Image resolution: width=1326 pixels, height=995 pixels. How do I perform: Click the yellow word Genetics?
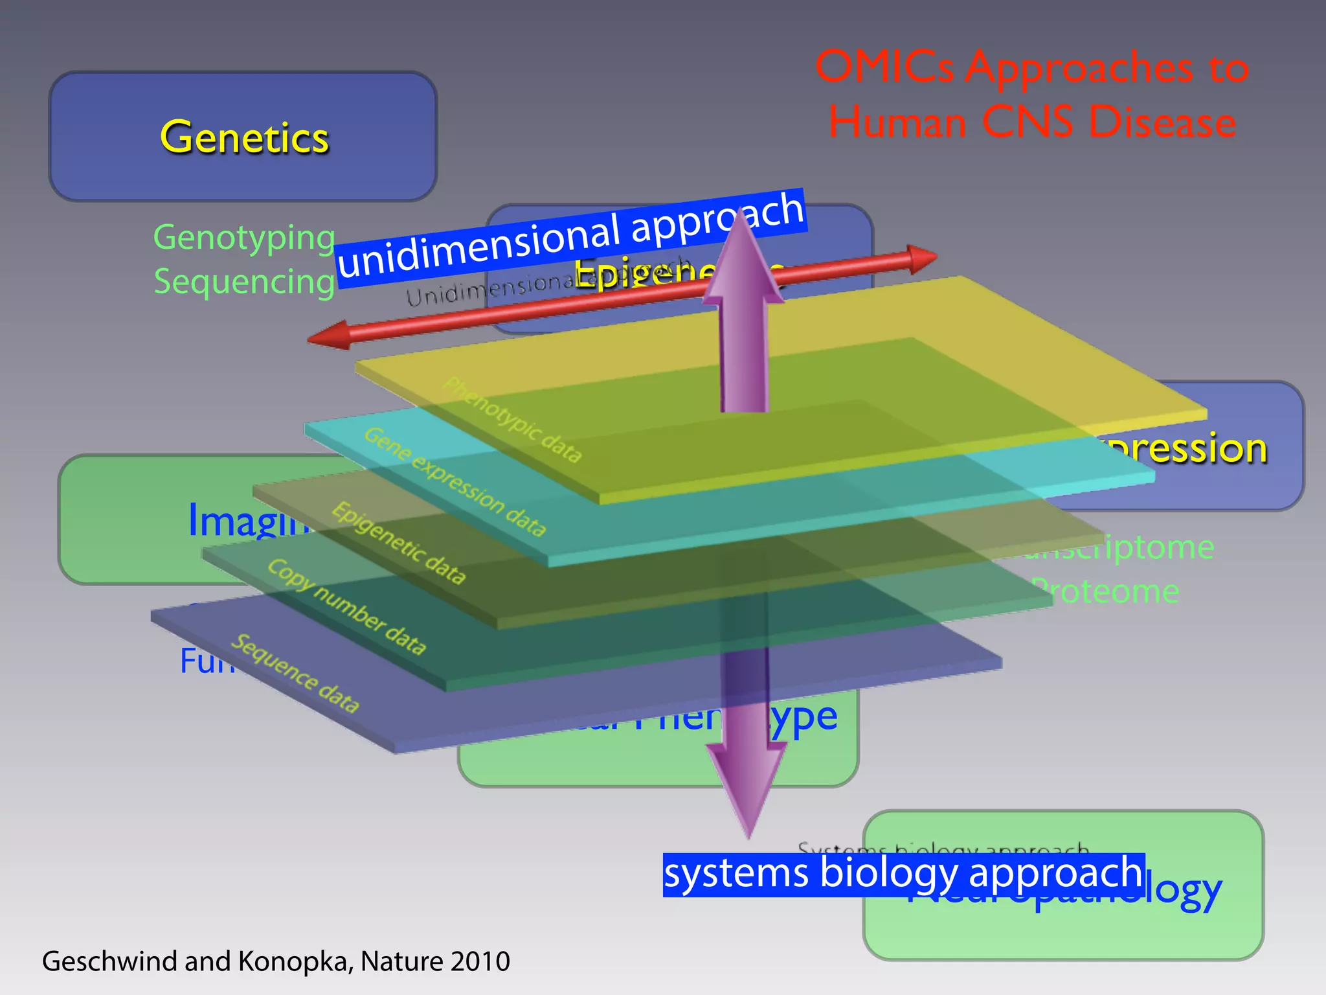[244, 137]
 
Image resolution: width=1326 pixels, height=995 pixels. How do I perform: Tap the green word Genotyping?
[244, 238]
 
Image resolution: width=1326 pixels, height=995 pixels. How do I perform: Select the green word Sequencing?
[244, 282]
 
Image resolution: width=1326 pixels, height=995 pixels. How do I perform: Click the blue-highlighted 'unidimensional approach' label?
[570, 237]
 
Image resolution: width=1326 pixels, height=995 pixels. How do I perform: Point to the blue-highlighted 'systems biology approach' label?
[903, 875]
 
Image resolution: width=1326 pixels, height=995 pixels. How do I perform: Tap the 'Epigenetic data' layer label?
[399, 543]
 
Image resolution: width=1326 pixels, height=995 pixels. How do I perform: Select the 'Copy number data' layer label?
[347, 606]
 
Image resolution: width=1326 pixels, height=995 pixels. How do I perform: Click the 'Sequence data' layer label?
[295, 674]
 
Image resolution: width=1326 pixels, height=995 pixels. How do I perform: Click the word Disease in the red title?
[1162, 122]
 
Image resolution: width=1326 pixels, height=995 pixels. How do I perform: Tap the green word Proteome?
[1107, 591]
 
